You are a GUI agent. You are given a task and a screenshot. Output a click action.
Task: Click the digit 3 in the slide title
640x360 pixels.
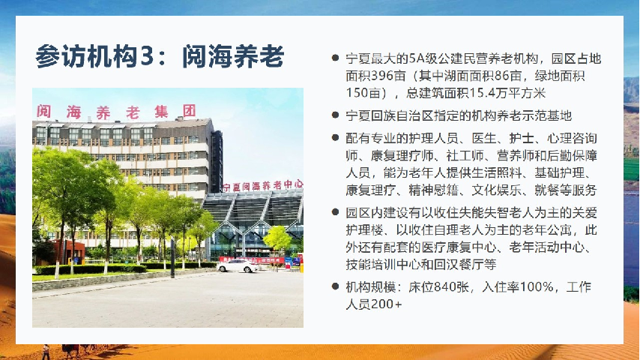pos(148,56)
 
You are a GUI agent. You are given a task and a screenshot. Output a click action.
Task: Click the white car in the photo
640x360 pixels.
pos(238,266)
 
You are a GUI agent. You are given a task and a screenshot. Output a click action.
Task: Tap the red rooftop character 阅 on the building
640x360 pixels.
pos(43,111)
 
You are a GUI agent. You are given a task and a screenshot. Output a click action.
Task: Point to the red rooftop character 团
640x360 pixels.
pos(189,111)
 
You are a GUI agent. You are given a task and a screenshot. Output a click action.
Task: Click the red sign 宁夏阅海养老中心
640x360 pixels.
pos(263,186)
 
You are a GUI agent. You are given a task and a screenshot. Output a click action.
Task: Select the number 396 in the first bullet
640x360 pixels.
pos(382,76)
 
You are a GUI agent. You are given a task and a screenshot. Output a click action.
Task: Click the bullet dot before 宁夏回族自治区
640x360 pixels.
pos(335,115)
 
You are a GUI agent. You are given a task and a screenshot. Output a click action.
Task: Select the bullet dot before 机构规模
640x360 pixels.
pos(335,286)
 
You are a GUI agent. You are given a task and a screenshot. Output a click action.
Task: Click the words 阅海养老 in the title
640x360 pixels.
pos(233,56)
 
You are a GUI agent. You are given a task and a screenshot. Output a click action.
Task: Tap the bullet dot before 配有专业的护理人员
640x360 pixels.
pos(335,138)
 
